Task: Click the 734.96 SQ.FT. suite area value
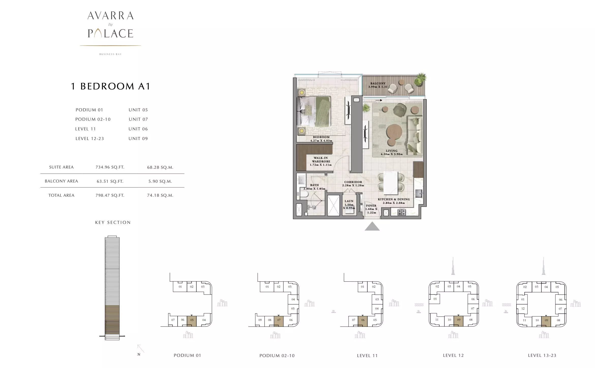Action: pos(110,167)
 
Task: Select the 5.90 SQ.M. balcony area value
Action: pos(160,181)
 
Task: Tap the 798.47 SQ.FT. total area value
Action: pos(110,195)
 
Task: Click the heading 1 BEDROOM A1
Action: pos(111,86)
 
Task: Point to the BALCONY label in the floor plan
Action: pos(378,83)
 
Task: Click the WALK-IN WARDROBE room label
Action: pos(321,160)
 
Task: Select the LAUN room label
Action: pos(349,201)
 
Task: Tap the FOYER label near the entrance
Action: pos(371,206)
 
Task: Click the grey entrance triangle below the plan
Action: pos(372,226)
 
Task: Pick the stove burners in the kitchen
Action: pos(402,212)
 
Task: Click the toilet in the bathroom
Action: pos(303,194)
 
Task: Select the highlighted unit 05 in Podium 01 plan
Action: pos(192,320)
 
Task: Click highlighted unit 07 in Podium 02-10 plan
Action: pos(279,320)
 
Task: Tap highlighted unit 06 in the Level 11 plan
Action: pos(363,320)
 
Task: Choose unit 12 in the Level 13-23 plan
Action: pos(523,309)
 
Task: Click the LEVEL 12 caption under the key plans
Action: pos(453,356)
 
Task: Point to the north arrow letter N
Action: pos(139,355)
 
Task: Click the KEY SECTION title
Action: pos(113,223)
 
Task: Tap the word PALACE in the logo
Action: pos(111,34)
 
